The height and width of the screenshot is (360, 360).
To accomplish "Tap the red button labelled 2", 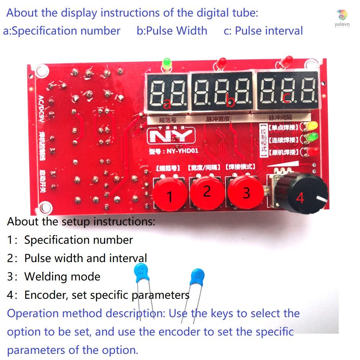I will click(207, 191).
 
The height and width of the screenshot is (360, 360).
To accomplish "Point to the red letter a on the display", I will click(166, 104).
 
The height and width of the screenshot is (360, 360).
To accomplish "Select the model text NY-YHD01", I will click(174, 151).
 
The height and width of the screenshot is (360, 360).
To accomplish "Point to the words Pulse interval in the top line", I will click(269, 31).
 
